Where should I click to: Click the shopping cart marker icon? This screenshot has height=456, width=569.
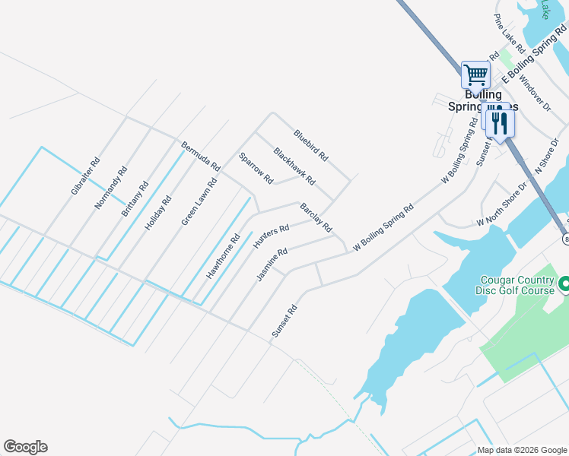pyautogui.click(x=475, y=75)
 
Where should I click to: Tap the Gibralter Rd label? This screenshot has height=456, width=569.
pyautogui.click(x=85, y=176)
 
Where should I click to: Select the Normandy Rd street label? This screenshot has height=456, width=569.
pyautogui.click(x=111, y=188)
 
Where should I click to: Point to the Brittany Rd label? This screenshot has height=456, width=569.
pyautogui.click(x=135, y=200)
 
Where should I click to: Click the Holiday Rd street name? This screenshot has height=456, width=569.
pyautogui.click(x=158, y=212)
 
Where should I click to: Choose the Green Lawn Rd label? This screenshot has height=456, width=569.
pyautogui.click(x=199, y=203)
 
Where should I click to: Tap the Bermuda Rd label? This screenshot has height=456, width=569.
pyautogui.click(x=200, y=155)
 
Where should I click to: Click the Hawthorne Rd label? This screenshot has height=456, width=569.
pyautogui.click(x=223, y=255)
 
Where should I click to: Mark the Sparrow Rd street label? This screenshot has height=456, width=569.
pyautogui.click(x=256, y=169)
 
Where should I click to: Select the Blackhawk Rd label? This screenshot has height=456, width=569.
pyautogui.click(x=294, y=166)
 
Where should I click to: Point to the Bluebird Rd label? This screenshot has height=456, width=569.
pyautogui.click(x=310, y=144)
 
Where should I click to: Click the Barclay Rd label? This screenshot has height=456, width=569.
pyautogui.click(x=316, y=217)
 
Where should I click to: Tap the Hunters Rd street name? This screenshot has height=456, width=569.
pyautogui.click(x=271, y=237)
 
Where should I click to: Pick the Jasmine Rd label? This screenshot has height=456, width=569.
pyautogui.click(x=272, y=264)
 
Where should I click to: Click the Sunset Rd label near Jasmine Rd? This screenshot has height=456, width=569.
pyautogui.click(x=284, y=321)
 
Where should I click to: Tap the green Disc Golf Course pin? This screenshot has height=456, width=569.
pyautogui.click(x=564, y=285)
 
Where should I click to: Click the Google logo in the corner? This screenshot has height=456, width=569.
pyautogui.click(x=25, y=447)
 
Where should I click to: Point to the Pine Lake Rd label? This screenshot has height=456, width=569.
pyautogui.click(x=510, y=33)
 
